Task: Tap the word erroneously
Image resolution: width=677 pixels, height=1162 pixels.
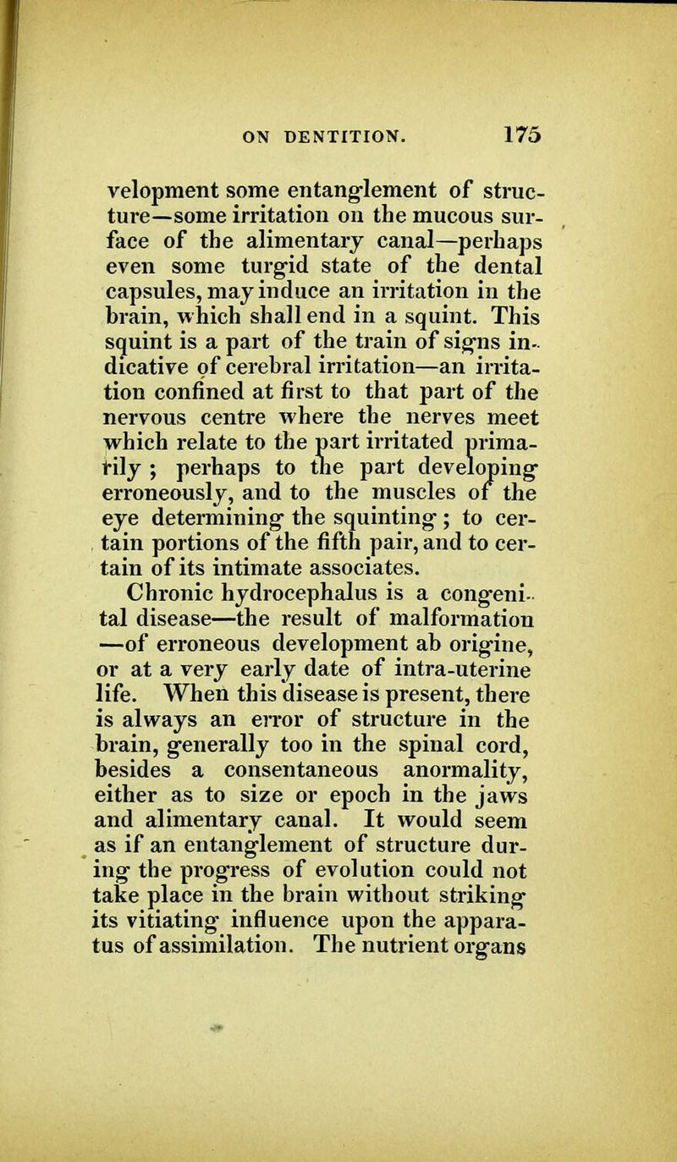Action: [x=173, y=441]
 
